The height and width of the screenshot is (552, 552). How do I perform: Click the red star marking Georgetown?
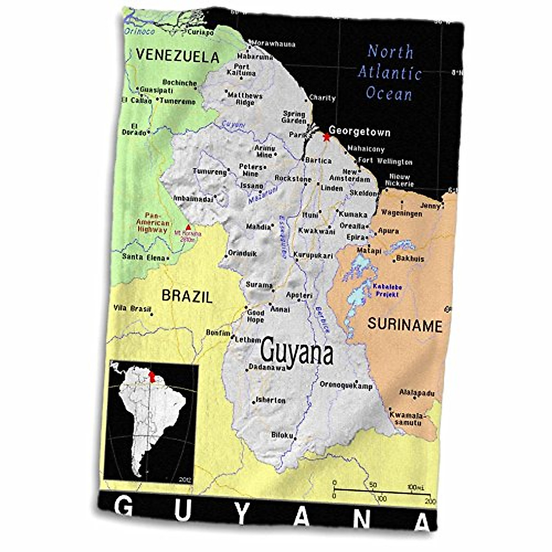coord(326,137)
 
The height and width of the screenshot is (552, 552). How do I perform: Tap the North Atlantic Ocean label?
coord(390,73)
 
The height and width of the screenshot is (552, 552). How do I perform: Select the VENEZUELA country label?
coord(177,56)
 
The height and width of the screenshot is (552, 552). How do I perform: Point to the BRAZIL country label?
coord(187,296)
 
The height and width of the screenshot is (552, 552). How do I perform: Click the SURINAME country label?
coord(404,325)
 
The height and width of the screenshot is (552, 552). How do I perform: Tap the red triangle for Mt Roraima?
coord(188,227)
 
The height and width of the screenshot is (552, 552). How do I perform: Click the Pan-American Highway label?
coord(152,222)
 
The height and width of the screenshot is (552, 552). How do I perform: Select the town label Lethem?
coord(248,340)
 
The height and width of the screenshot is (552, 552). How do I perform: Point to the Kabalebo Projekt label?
coord(386,290)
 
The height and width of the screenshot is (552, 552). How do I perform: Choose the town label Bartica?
coord(318,161)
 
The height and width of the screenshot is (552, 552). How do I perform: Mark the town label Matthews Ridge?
coord(245,99)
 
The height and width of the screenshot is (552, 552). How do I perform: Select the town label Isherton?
coord(270,400)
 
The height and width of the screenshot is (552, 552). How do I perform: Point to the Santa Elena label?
coord(144,258)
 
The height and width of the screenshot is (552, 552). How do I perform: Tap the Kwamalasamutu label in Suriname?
coord(405,418)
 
